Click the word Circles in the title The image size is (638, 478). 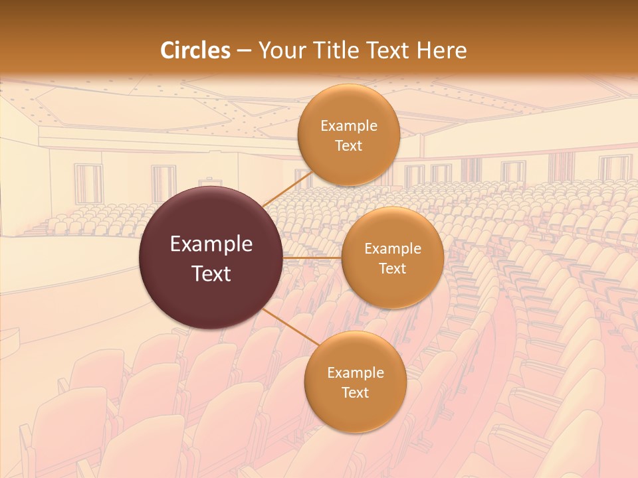coord(195,50)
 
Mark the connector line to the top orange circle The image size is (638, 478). coord(287,189)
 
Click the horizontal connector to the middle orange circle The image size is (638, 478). coord(312,257)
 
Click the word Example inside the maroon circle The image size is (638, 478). coord(211,244)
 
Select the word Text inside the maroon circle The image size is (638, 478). coord(211,274)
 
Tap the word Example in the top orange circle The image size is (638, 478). coord(348,126)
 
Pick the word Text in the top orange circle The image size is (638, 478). coord(348,146)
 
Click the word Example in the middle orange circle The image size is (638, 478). coord(392,249)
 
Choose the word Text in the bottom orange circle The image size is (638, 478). coord(355,393)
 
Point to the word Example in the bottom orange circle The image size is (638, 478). coord(355,373)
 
